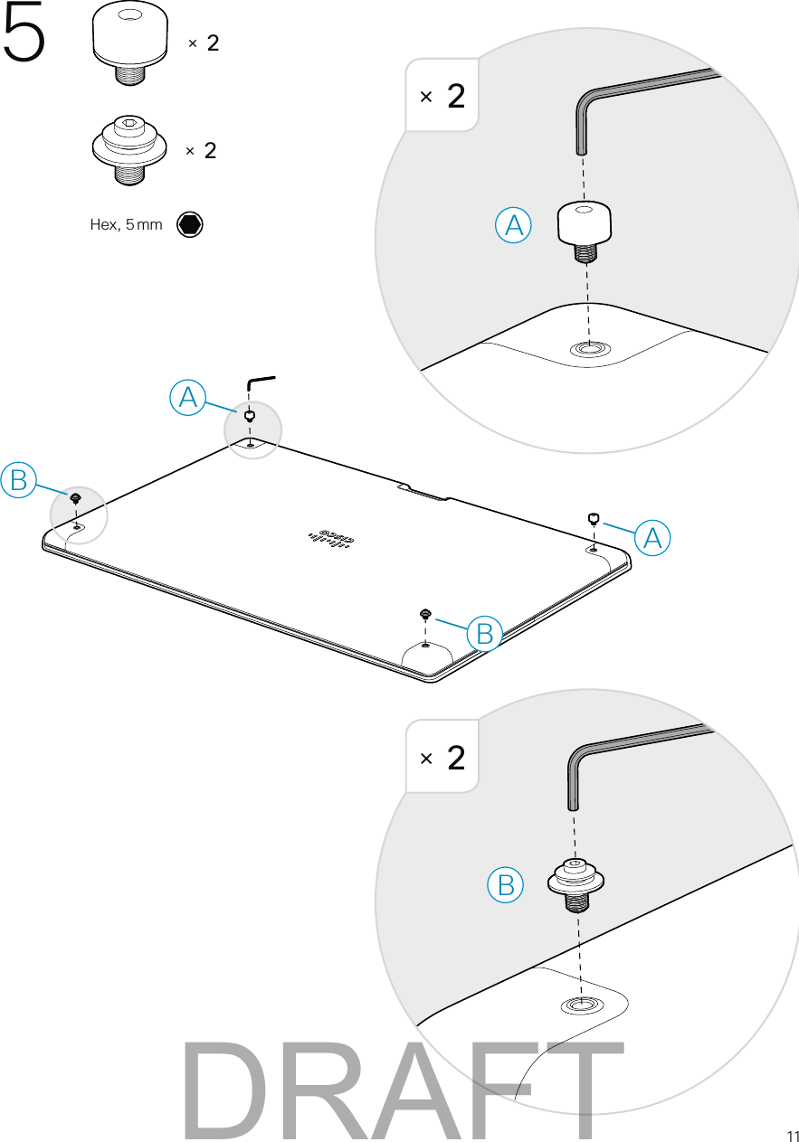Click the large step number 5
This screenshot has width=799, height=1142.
tap(25, 38)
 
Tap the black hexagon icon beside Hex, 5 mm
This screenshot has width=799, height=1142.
tap(190, 224)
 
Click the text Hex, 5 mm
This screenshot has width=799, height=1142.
tap(126, 225)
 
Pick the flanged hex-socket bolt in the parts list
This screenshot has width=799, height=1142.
tap(130, 146)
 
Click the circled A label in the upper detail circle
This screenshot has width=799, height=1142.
tap(513, 226)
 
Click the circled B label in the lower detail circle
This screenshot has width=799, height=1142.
tap(505, 884)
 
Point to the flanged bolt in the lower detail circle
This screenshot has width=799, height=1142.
tap(575, 881)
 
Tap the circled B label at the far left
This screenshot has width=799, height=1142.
tap(17, 479)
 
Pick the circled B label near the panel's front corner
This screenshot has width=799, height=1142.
tap(485, 634)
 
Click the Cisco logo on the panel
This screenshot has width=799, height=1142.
tap(333, 537)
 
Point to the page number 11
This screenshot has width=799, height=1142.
tap(792, 1136)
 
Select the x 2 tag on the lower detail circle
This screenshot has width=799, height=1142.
tap(442, 757)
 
